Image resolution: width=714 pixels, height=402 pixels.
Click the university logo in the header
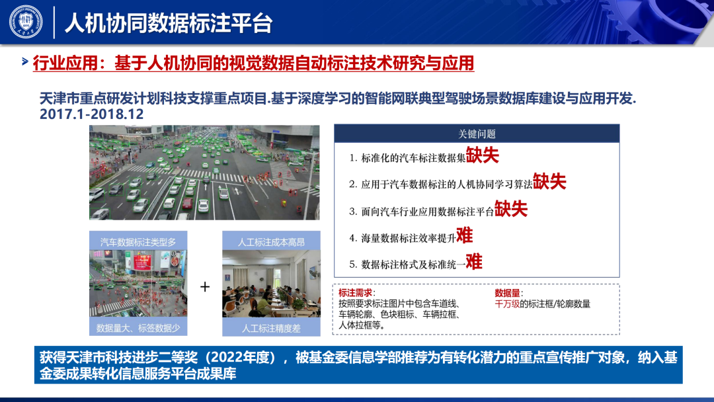coord(26,21)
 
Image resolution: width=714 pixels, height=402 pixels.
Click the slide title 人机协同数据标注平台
coord(168,22)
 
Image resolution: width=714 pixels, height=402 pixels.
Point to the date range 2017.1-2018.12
coord(92,114)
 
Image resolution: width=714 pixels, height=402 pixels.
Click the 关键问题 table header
coord(477,134)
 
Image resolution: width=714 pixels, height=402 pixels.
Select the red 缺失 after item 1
coord(483,155)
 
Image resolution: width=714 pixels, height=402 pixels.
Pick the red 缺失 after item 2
coord(549,182)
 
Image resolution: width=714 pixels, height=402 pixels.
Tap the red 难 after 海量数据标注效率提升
coord(465,235)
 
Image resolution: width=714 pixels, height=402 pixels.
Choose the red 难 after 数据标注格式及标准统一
coord(474,262)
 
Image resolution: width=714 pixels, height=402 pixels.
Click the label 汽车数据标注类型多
coord(138,242)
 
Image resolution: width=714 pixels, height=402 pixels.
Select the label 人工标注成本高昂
coord(270,242)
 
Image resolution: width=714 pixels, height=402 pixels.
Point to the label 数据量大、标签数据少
coord(138,328)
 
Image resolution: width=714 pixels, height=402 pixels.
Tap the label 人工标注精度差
coord(270,328)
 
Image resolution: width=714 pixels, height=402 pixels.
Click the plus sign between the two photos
coord(205,286)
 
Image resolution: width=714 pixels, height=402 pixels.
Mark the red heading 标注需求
coord(356,293)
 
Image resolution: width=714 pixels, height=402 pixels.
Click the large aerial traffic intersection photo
coord(204,173)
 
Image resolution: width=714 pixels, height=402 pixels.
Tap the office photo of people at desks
coord(270,286)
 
